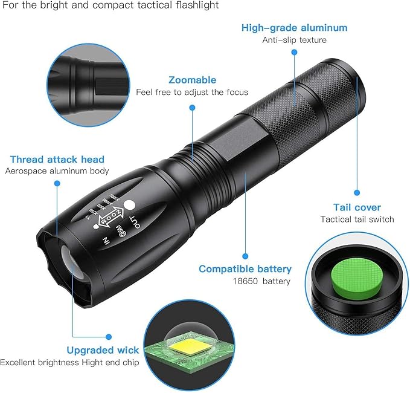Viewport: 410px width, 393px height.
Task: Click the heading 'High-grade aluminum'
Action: click(294, 28)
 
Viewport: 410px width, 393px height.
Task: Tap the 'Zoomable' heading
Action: click(192, 80)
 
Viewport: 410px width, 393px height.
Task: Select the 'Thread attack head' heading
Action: click(57, 160)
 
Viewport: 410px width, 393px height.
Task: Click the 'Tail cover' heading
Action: click(357, 207)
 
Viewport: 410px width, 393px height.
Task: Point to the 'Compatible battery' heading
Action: click(245, 269)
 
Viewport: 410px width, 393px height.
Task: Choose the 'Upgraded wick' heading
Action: click(103, 350)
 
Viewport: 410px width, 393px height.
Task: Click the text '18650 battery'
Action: click(261, 281)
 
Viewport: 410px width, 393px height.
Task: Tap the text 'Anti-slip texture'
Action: click(294, 41)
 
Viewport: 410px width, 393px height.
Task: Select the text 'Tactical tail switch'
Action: click(357, 219)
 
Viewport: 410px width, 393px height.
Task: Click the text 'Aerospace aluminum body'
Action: click(57, 171)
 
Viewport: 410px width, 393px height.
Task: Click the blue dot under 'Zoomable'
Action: click(192, 108)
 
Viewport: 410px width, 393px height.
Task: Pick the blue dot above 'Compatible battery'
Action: click(245, 256)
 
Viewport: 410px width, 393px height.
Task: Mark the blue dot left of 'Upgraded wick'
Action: click(108, 337)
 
